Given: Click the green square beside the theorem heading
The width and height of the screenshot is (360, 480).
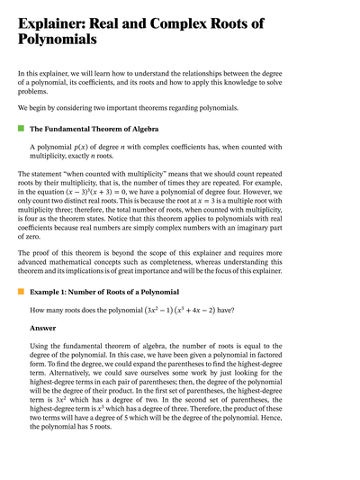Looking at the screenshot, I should tap(21, 129).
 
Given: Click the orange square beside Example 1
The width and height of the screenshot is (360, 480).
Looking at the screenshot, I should tap(21, 293).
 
